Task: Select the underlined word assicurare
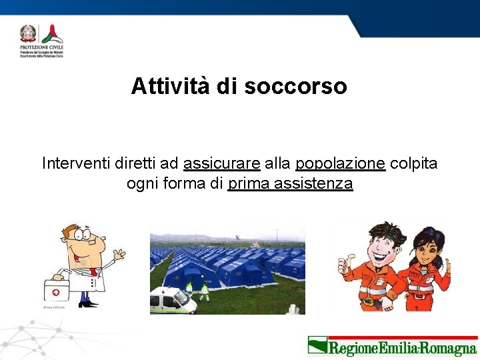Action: coord(221,163)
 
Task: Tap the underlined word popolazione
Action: coord(340,163)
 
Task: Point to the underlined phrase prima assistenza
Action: coord(290,183)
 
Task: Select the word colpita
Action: coord(413,163)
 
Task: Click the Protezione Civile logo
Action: coord(41,41)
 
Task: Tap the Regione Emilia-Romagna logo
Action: coord(392,347)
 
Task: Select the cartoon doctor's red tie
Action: coord(91,271)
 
